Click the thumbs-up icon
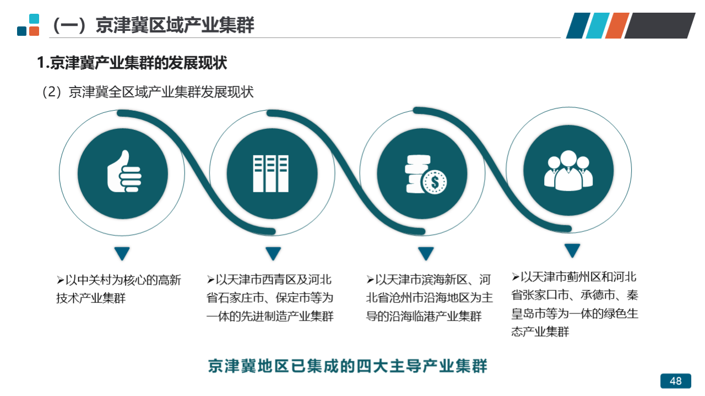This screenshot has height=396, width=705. coord(124,171)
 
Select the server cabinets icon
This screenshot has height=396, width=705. coord(270,173)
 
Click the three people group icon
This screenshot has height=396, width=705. coord(568,170)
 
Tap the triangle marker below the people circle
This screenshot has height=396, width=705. coord(572,250)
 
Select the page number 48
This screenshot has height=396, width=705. coord(676,381)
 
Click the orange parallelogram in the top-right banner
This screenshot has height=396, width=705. coord(617,25)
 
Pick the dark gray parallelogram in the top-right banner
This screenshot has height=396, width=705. coord(660,25)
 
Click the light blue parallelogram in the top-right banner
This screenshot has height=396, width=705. coord(598,25)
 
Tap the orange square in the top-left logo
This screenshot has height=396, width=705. coord(34,31)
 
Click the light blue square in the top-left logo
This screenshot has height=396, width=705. coord(34,19)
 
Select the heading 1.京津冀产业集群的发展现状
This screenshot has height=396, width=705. coord(132,63)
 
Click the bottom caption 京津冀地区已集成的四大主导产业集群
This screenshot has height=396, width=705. coord(348,366)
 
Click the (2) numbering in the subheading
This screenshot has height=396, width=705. coord(52,92)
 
